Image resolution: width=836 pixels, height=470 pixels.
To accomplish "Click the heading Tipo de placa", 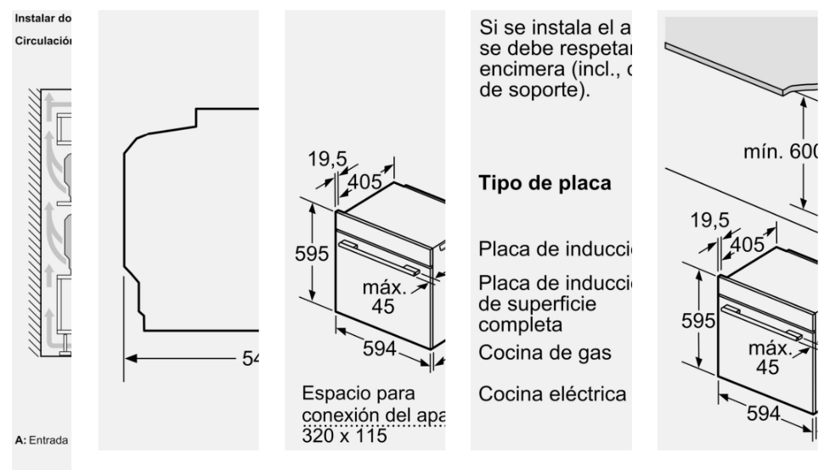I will [x=545, y=184].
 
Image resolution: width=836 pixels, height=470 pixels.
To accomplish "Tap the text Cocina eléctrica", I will [x=553, y=394].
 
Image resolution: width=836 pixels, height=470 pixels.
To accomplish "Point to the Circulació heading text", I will [x=42, y=41].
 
